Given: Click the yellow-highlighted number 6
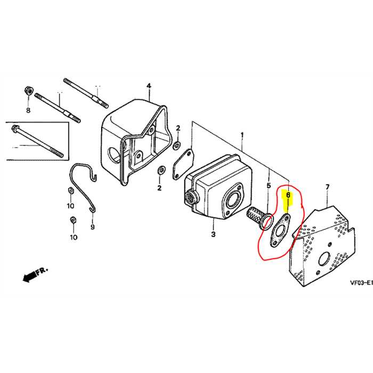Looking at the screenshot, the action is click(288, 195).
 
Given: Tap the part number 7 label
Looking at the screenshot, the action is click(327, 187).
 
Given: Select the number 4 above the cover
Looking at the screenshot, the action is click(149, 86).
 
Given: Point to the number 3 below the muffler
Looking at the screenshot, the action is click(213, 234).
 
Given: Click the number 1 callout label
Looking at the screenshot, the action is click(242, 135).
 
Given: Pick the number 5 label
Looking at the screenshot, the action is click(269, 185).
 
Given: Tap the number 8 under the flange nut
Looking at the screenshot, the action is click(28, 110).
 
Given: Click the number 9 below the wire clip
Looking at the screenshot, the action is click(92, 227).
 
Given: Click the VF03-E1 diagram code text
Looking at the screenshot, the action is click(361, 282).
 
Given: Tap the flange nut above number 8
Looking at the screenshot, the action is click(29, 91).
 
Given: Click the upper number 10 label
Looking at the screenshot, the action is click(71, 206).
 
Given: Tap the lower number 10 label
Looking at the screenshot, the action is click(74, 237).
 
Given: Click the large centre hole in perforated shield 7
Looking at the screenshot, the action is click(325, 260).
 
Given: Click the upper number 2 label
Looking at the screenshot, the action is click(178, 128).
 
